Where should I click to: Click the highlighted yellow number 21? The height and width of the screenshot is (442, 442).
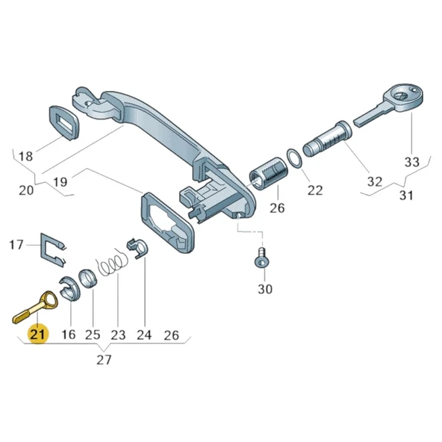coord(37,334)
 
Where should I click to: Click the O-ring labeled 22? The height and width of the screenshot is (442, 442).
coord(295,158)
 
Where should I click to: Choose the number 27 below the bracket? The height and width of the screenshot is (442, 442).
coord(104,361)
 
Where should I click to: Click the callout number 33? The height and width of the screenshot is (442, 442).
coord(412,162)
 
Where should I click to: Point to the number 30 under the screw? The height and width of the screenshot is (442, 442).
coord(265,289)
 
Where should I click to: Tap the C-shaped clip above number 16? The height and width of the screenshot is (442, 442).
coord(69,288)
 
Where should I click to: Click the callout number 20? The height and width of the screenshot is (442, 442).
coord(26,190)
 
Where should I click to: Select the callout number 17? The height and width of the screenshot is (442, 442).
coord(16,244)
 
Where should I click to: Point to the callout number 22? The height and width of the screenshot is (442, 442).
coord(314,190)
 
